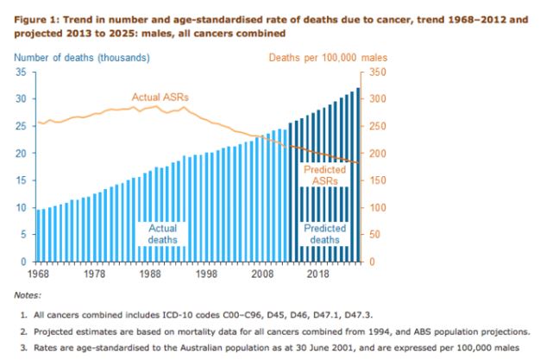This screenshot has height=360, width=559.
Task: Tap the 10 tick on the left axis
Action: point(22,207)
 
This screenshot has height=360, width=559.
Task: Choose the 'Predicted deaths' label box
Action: point(325,234)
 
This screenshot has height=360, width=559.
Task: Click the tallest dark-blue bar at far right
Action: point(358,174)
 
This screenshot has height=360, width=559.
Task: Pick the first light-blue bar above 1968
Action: point(36,235)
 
